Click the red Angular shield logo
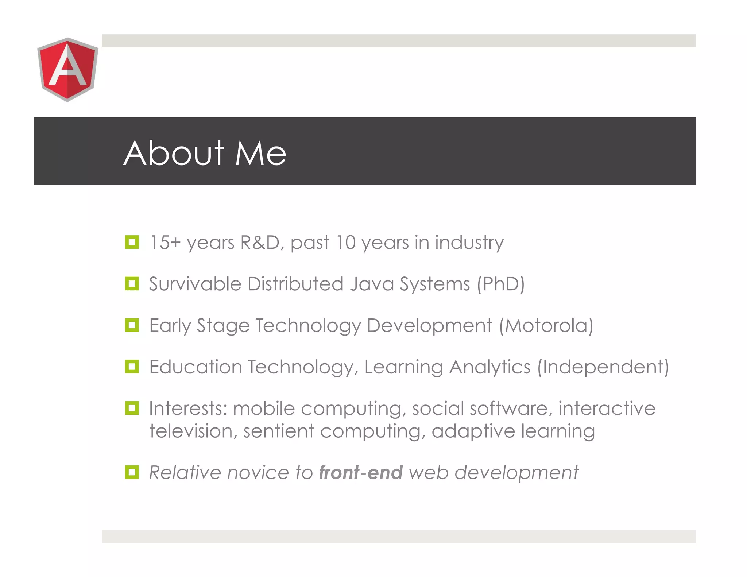pyautogui.click(x=67, y=69)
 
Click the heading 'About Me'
pyautogui.click(x=205, y=153)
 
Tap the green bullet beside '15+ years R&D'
pyautogui.click(x=132, y=242)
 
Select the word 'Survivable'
pyautogui.click(x=195, y=284)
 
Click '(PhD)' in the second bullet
pyautogui.click(x=501, y=284)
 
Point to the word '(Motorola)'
pyautogui.click(x=546, y=325)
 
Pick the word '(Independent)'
pyautogui.click(x=603, y=367)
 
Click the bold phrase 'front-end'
pyautogui.click(x=361, y=473)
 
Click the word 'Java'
pyautogui.click(x=372, y=284)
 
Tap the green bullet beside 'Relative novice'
pyautogui.click(x=132, y=472)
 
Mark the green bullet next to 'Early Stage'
pyautogui.click(x=132, y=325)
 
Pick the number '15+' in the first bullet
pyautogui.click(x=165, y=243)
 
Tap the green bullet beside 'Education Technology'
pyautogui.click(x=132, y=367)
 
